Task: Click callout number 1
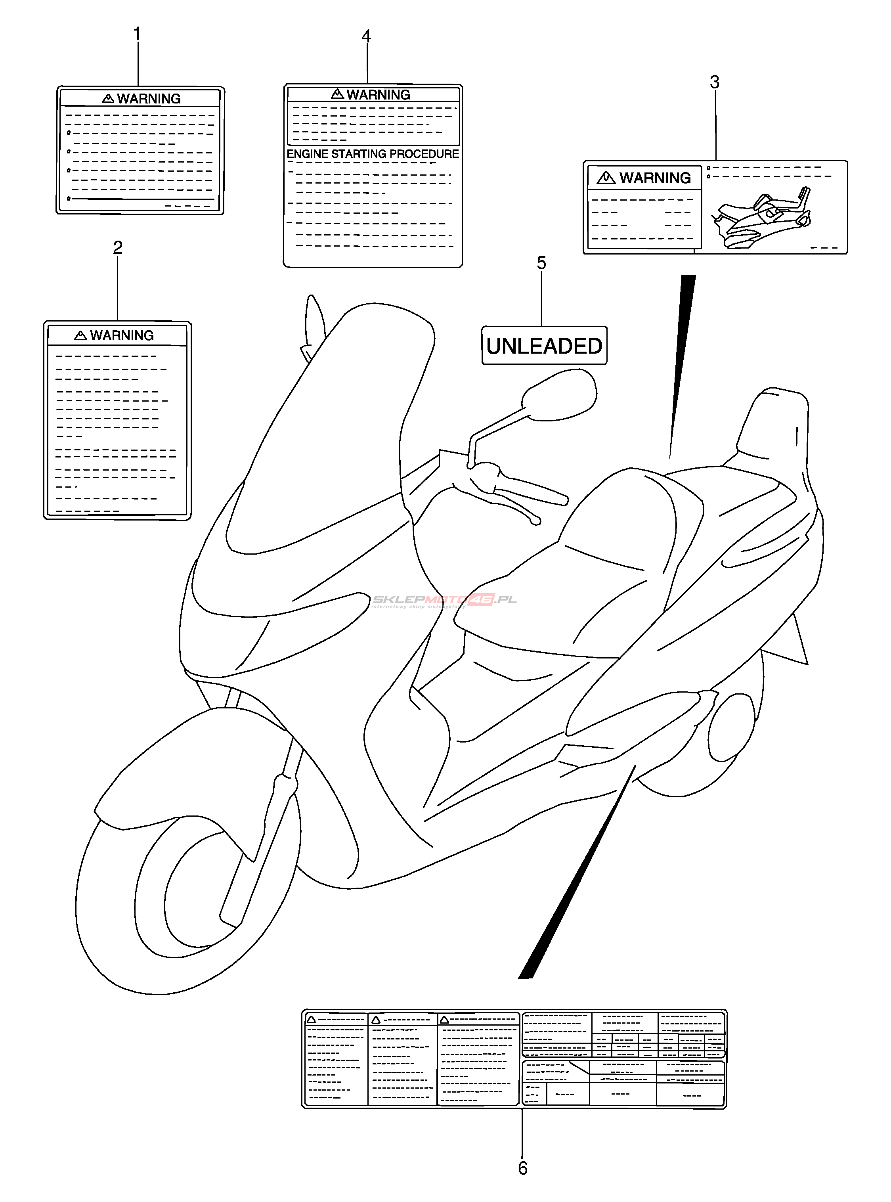(137, 34)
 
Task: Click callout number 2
(118, 248)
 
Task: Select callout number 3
(715, 82)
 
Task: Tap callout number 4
(366, 37)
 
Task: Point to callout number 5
(541, 263)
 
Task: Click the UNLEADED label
(544, 346)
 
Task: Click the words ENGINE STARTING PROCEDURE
(373, 154)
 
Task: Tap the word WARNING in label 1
(149, 99)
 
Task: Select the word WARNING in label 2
(122, 335)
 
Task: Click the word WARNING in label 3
(655, 178)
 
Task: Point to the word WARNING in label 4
(379, 95)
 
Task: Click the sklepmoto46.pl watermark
(445, 600)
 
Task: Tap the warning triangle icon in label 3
(606, 178)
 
